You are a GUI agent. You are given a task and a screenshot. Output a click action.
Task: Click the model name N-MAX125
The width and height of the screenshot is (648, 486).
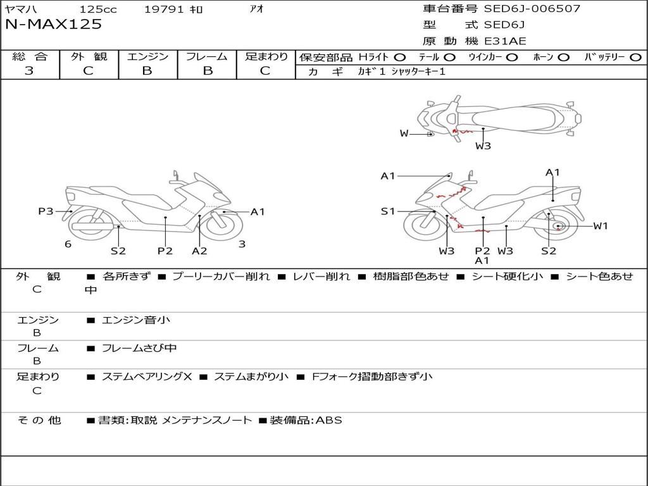[x=53, y=25]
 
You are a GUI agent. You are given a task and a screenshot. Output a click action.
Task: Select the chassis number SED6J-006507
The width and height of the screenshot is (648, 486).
[x=532, y=9]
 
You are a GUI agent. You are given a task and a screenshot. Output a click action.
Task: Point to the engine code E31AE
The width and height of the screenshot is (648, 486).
[x=505, y=41]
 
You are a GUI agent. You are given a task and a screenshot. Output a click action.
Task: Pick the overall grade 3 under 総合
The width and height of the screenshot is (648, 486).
[x=29, y=71]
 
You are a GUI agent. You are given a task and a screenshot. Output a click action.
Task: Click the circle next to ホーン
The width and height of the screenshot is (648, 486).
[x=564, y=57]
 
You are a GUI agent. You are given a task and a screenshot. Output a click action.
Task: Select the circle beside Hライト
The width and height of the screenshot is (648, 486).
[x=400, y=57]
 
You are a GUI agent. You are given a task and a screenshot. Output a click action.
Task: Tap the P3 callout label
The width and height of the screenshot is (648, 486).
[x=46, y=211]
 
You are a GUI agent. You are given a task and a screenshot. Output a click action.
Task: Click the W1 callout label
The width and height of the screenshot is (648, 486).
[x=601, y=226]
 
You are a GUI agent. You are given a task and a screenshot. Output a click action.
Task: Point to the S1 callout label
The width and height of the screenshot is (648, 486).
[x=387, y=211]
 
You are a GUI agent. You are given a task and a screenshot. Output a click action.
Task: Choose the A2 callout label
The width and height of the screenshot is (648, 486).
[x=199, y=251]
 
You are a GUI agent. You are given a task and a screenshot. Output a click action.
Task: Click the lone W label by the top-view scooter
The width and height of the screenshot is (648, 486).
[x=404, y=134]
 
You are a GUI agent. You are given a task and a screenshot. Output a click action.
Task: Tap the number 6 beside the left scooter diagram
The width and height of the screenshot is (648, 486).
[x=68, y=244]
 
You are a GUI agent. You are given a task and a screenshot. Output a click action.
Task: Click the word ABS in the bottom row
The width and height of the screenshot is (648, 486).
[x=328, y=420]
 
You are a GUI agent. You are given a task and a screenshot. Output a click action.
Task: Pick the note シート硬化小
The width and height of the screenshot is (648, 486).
[x=507, y=277]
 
